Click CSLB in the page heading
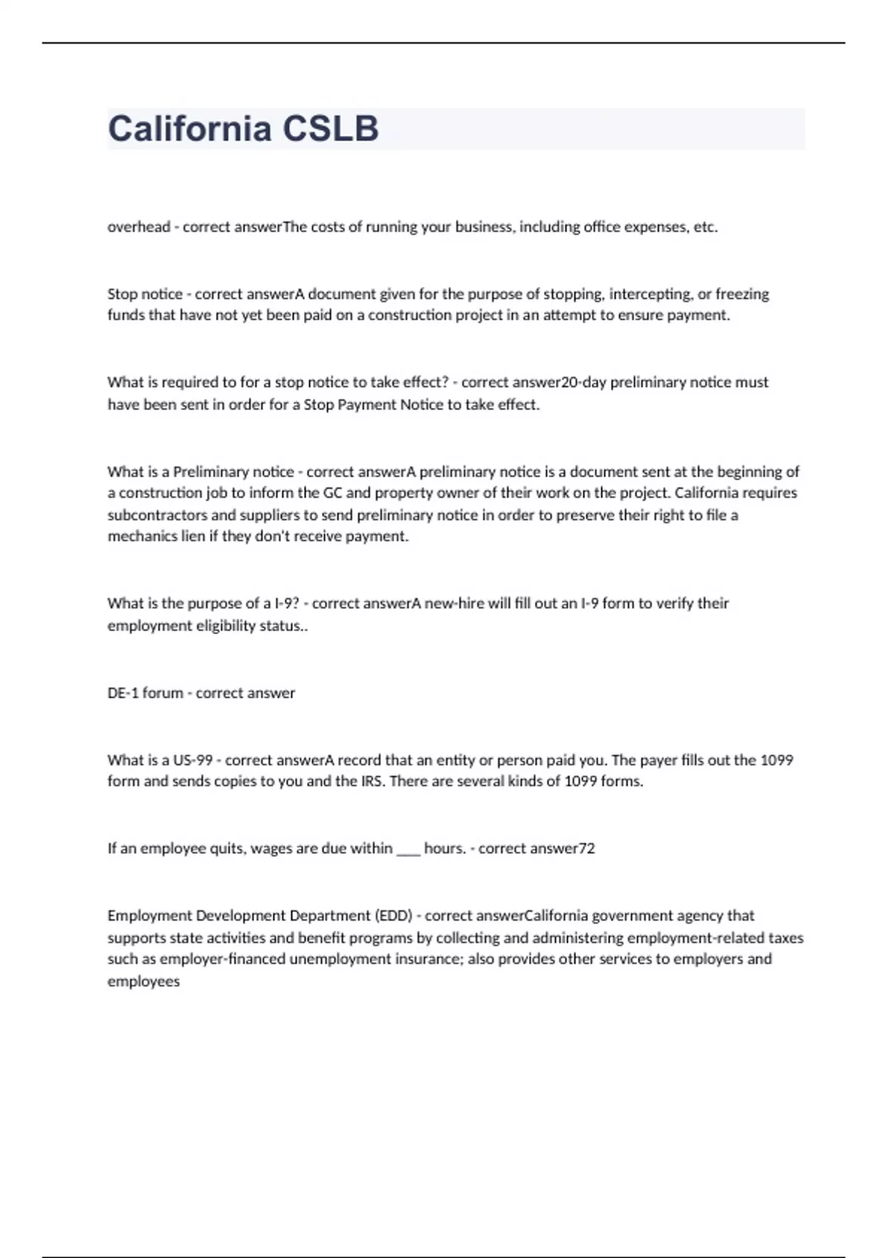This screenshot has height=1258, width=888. tap(331, 128)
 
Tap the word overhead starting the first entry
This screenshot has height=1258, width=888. tap(139, 227)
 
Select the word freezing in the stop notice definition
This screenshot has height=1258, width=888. tap(742, 294)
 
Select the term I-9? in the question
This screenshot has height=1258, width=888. tap(286, 604)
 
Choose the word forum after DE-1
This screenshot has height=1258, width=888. tap(163, 693)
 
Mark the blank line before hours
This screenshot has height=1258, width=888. tap(408, 849)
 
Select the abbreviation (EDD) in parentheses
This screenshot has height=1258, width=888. tap(394, 916)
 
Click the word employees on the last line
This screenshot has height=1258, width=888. tap(144, 982)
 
